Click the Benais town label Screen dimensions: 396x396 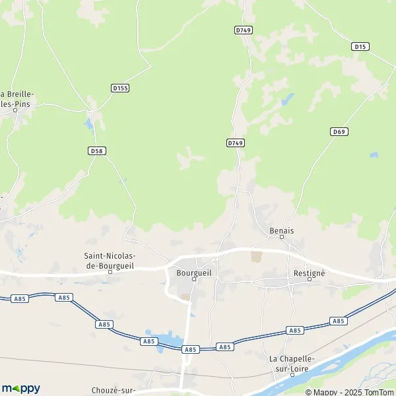tap(282, 230)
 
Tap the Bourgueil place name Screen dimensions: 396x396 tap(193, 271)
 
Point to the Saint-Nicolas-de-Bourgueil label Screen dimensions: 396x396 tap(110, 259)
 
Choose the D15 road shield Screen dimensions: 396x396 tap(360, 46)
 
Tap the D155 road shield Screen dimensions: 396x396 tap(119, 87)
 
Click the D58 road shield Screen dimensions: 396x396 tap(96, 150)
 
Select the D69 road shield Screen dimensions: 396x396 tap(339, 131)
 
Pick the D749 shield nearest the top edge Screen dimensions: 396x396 tap(244, 30)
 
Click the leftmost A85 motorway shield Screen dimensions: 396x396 tap(19, 299)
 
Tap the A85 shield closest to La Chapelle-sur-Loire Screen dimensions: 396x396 tap(295, 330)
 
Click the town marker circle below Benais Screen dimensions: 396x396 tap(282, 238)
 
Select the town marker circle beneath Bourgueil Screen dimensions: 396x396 tap(194, 279)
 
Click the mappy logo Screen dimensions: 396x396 tap(21, 388)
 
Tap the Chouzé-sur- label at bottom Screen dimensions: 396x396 tap(113, 389)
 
